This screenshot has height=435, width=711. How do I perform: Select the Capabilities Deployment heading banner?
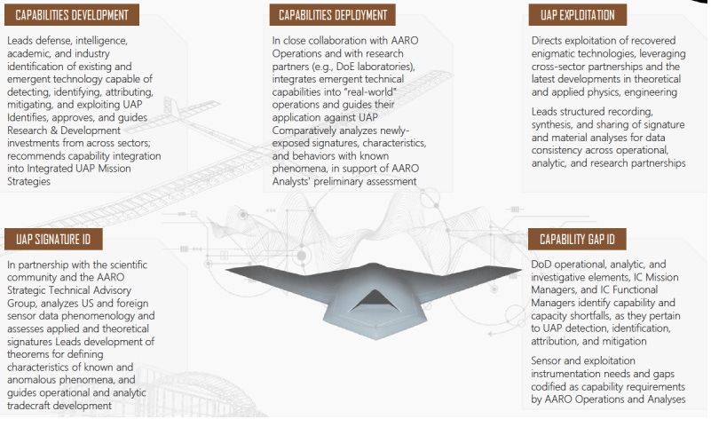click(x=333, y=15)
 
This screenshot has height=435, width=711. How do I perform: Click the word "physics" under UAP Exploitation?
click(x=596, y=91)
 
